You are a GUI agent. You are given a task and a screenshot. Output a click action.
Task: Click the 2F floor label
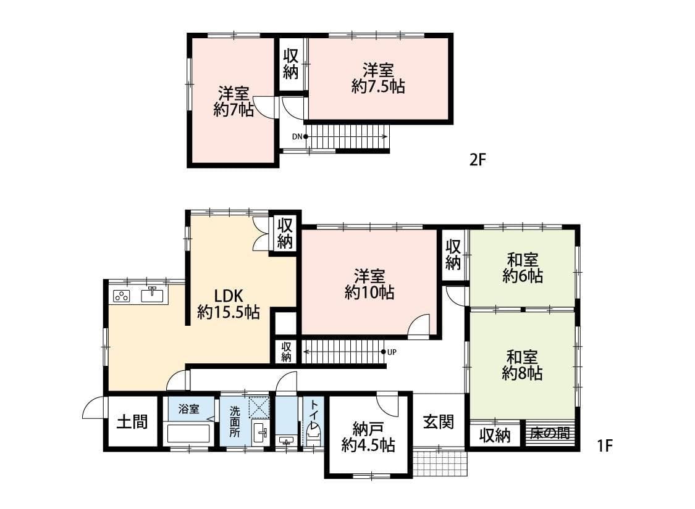tap(478, 160)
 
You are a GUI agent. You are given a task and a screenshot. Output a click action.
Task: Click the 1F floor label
tap(605, 445)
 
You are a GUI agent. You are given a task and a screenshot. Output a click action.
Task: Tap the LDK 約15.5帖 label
tap(228, 303)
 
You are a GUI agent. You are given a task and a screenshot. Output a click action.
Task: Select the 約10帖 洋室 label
tap(369, 284)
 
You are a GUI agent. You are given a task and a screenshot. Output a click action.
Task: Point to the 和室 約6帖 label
tap(523, 267)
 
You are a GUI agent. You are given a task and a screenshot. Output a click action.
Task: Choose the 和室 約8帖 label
tap(522, 365)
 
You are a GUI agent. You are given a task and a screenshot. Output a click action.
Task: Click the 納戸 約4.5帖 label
tap(369, 436)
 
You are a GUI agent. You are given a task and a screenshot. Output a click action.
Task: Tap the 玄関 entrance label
tap(439, 422)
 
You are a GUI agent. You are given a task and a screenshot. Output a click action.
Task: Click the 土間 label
tap(133, 423)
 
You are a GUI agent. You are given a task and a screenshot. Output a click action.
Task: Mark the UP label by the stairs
tap(392, 352)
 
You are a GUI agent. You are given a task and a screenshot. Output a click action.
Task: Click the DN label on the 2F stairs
tap(297, 136)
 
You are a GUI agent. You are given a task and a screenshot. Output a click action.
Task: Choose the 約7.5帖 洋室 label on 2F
tap(378, 78)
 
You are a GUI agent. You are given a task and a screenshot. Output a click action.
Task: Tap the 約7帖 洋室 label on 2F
tap(234, 102)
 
